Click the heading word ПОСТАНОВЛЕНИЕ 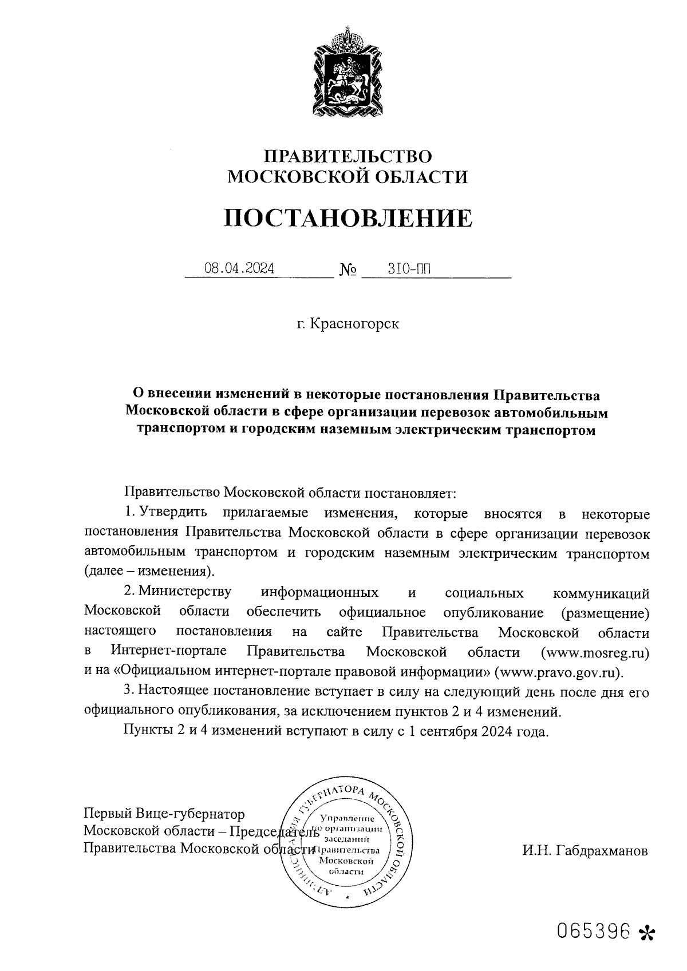(x=348, y=219)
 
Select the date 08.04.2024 (x=239, y=268)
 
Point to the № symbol (x=348, y=269)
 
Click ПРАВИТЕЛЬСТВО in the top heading (x=348, y=156)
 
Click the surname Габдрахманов (x=585, y=851)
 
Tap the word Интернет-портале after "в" (x=169, y=652)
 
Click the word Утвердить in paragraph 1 (x=173, y=513)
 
